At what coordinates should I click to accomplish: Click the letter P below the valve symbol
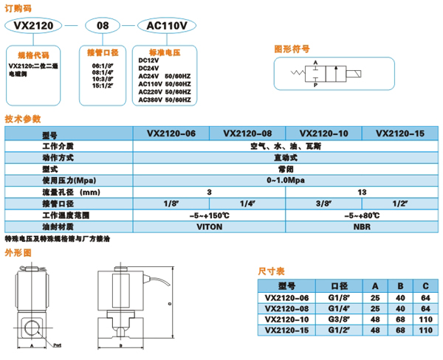pyautogui.click(x=317, y=86)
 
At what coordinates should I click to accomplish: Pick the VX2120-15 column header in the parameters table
pyautogui.click(x=400, y=134)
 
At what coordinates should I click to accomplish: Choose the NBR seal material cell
pyautogui.click(x=362, y=227)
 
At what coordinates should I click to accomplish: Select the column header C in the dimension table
pyautogui.click(x=425, y=286)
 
